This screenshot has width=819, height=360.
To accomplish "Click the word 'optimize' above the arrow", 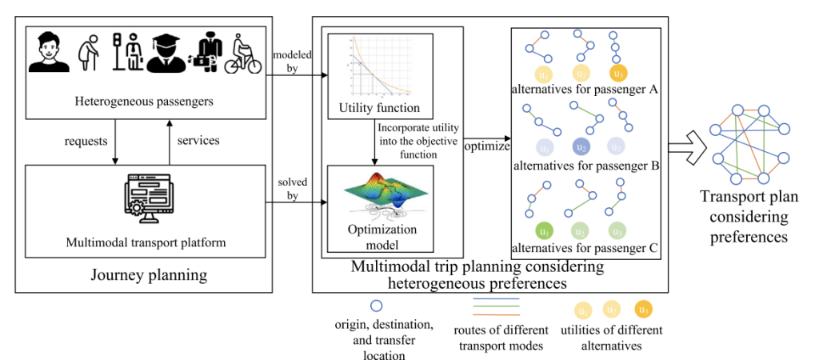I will point(487,147).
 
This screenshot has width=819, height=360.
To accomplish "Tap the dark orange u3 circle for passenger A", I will point(617,74).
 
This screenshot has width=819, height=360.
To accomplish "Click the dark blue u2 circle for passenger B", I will point(581,147).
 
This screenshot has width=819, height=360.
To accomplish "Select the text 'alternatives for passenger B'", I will point(585,166).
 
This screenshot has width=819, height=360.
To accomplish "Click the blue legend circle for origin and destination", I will point(377,306).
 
